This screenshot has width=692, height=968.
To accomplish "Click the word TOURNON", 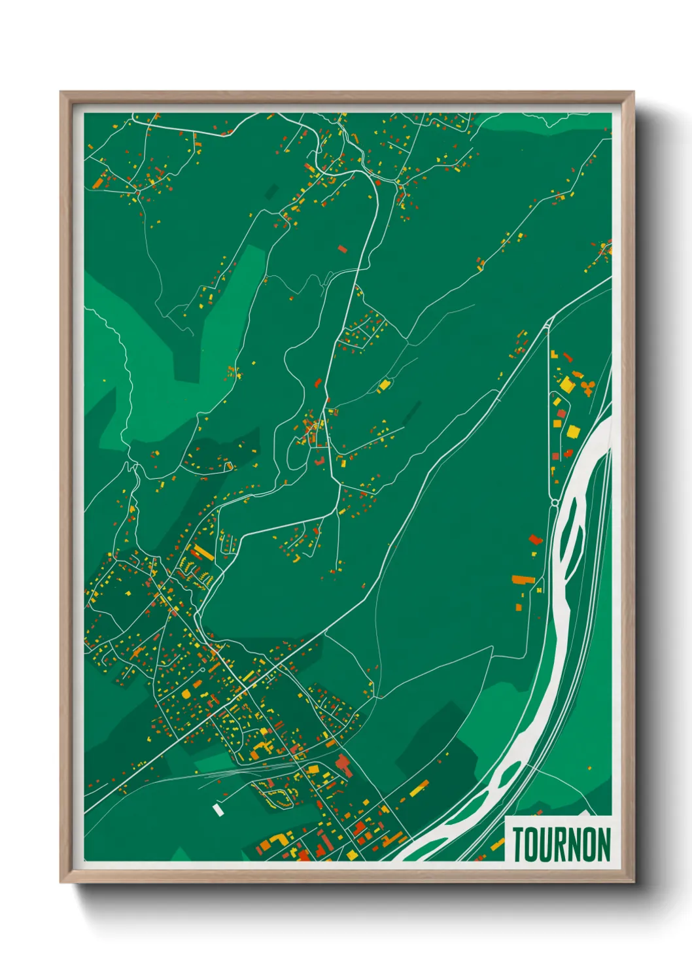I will coord(561,844).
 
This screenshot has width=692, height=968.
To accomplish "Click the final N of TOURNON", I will coord(604,844).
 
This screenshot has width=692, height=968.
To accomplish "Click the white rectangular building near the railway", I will coord(218,810).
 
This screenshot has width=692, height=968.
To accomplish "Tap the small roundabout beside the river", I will coord(555,502).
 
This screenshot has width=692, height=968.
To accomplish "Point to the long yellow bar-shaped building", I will coord(203,553).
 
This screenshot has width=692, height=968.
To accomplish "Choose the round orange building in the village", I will coord(186,693).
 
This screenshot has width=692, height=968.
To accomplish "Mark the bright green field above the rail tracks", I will coord(213,762).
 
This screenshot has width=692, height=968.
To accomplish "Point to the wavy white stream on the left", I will coord(121,366).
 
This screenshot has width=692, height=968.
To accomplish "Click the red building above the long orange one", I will coord(536,540).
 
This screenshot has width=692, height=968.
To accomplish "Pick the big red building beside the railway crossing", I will coord(344,765).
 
